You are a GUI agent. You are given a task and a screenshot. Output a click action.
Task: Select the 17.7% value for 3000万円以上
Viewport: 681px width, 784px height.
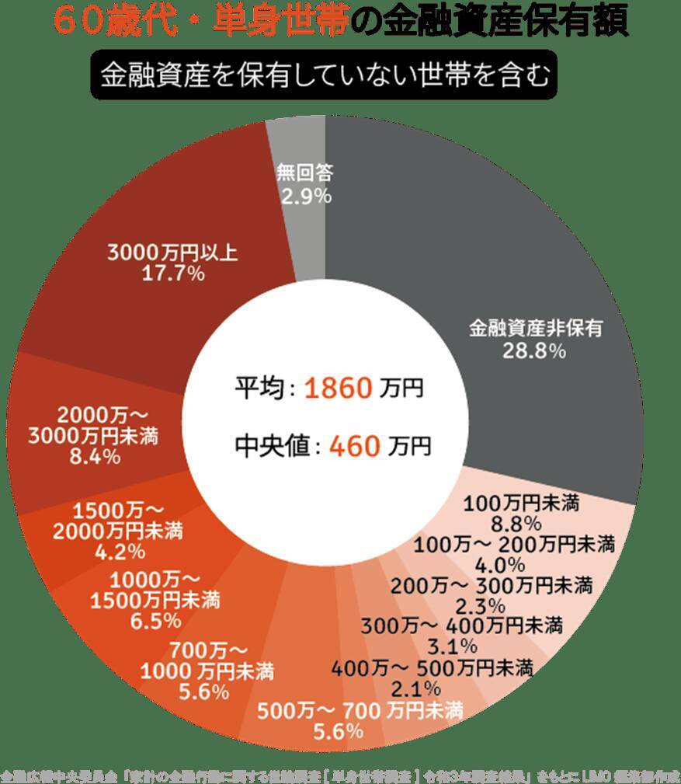coord(174,274)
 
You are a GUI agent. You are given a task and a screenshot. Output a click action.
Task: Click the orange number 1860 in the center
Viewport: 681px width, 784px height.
coord(339,388)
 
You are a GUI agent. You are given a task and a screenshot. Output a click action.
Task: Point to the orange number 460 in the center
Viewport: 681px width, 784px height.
coord(355,446)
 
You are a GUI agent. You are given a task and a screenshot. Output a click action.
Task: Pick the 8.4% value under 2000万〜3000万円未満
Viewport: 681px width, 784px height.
coord(95,457)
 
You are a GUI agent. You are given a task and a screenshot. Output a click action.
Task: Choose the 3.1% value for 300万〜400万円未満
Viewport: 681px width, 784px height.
coord(452,645)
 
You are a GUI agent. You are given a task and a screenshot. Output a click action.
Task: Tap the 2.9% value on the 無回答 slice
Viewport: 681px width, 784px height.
coord(307,197)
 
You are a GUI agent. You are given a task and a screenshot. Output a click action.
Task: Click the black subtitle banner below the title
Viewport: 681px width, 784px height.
coord(324,75)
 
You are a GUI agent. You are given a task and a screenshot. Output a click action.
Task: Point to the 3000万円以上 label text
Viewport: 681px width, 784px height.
coord(174,253)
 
